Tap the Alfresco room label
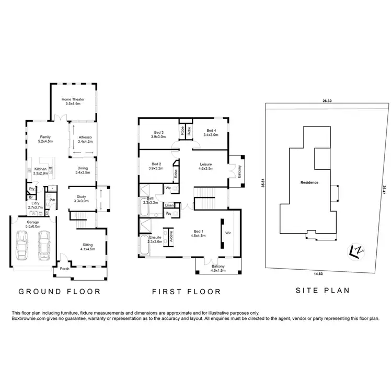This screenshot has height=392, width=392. click(x=85, y=138)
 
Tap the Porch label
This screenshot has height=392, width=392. click(x=65, y=269)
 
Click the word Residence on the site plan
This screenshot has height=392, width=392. click(x=310, y=183)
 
